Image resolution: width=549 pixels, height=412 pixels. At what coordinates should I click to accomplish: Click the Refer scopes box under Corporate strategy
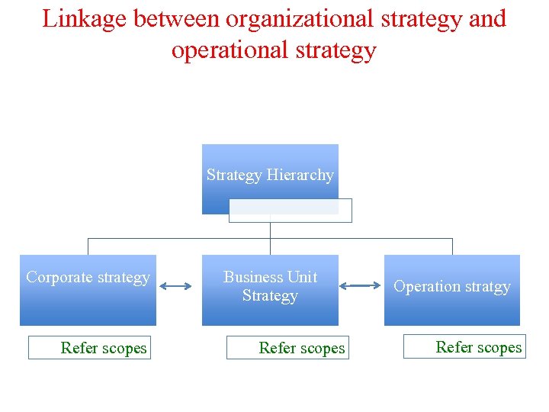pyautogui.click(x=88, y=348)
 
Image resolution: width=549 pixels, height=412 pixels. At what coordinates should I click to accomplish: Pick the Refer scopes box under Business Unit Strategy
pyautogui.click(x=287, y=348)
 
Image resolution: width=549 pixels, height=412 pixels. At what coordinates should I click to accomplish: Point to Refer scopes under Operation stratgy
pyautogui.click(x=464, y=347)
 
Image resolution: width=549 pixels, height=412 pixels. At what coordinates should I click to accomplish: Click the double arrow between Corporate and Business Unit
pyautogui.click(x=178, y=287)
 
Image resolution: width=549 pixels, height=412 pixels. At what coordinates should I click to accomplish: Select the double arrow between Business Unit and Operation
pyautogui.click(x=360, y=287)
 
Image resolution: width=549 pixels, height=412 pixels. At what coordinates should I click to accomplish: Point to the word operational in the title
pyautogui.click(x=228, y=50)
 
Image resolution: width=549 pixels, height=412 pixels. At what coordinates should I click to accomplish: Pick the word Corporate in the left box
pyautogui.click(x=57, y=277)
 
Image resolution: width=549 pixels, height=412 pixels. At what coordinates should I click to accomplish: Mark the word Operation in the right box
pyautogui.click(x=425, y=287)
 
